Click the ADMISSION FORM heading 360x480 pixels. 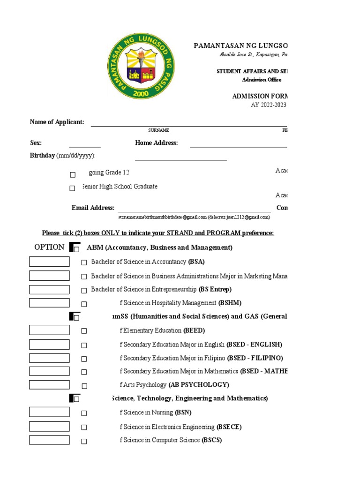coord(259,96)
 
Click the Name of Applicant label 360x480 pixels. coord(57,122)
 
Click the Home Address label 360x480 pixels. coord(157,143)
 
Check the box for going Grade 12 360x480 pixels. coord(73,175)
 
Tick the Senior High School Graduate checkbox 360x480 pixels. coord(72,188)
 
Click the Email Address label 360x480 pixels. coord(93,208)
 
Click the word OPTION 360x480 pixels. coord(49,247)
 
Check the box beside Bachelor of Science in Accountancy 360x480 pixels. coord(84,263)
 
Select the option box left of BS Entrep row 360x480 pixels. coord(49,290)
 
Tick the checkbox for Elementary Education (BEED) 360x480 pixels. coord(84,331)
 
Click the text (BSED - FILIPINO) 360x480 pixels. coord(255,358)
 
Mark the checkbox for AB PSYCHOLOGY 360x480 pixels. coord(84,386)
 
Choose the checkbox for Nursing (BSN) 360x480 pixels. coord(84,413)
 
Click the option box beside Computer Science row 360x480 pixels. coord(49,440)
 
